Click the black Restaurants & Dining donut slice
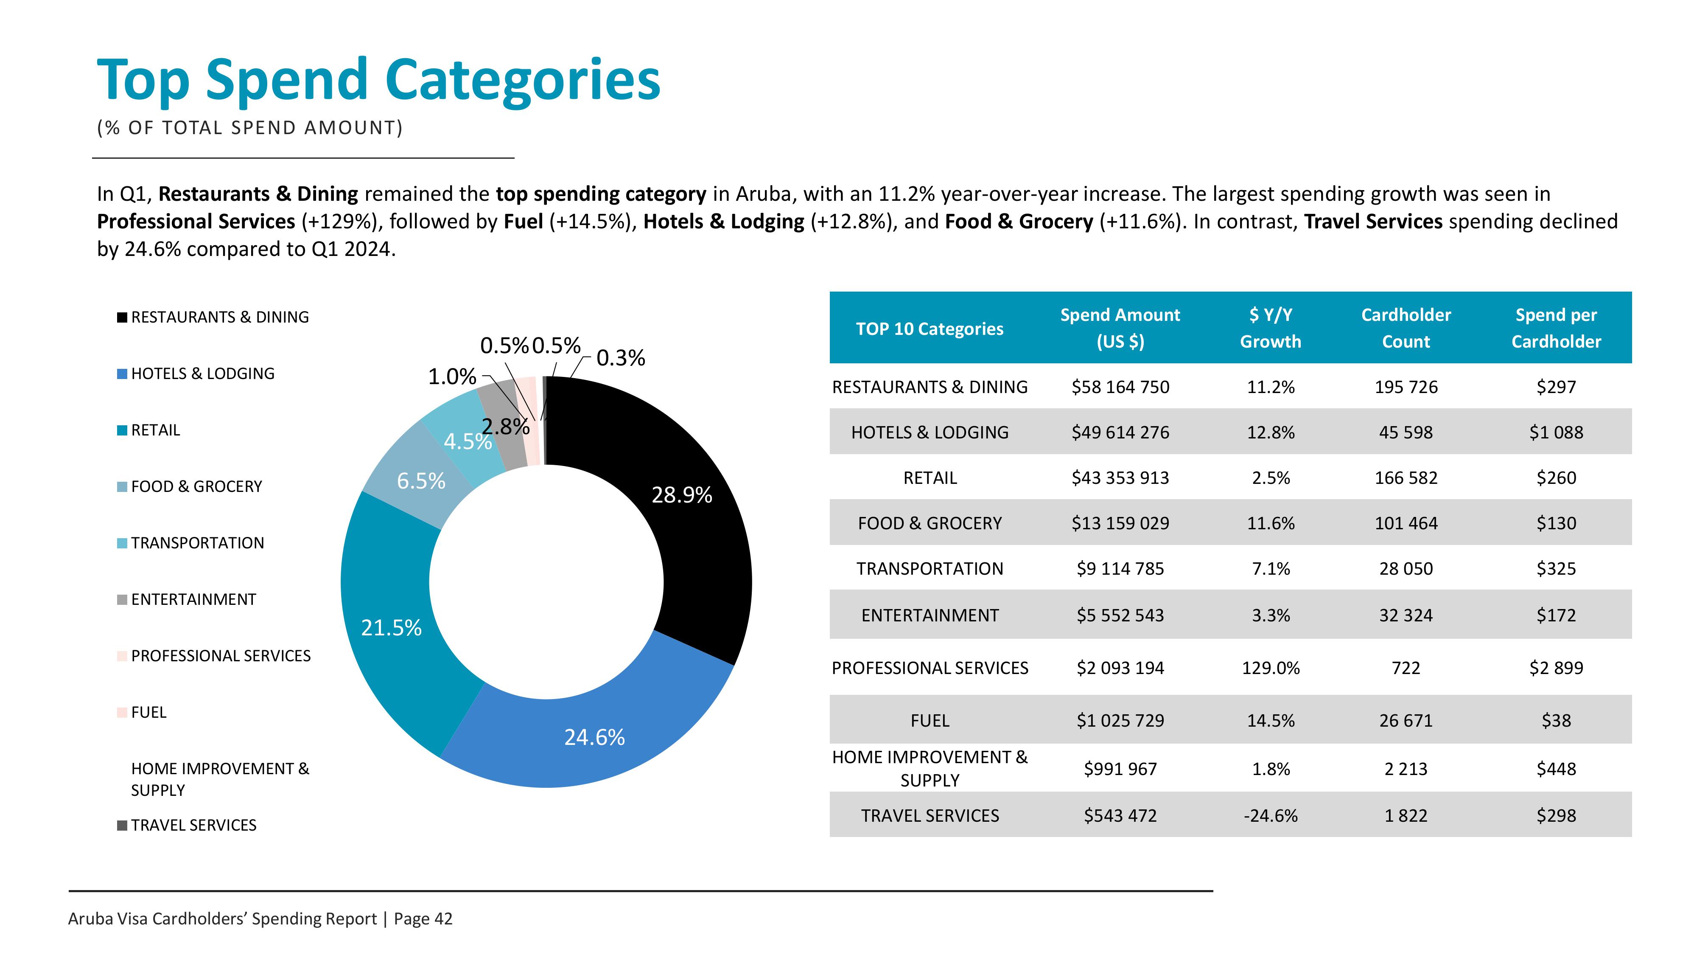click(x=685, y=501)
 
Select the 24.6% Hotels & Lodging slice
click(x=593, y=735)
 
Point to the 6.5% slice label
click(x=421, y=481)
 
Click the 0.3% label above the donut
click(x=621, y=358)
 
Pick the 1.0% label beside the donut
click(x=452, y=377)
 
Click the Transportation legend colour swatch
click(x=122, y=543)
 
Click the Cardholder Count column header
click(x=1406, y=328)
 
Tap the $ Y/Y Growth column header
click(x=1271, y=328)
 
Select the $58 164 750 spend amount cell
click(x=1120, y=387)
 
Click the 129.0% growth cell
click(x=1271, y=668)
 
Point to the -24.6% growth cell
click(x=1271, y=816)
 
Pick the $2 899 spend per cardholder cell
click(x=1556, y=668)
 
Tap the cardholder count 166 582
click(x=1406, y=478)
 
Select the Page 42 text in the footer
click(x=423, y=919)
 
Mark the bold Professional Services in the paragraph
click(x=196, y=222)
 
